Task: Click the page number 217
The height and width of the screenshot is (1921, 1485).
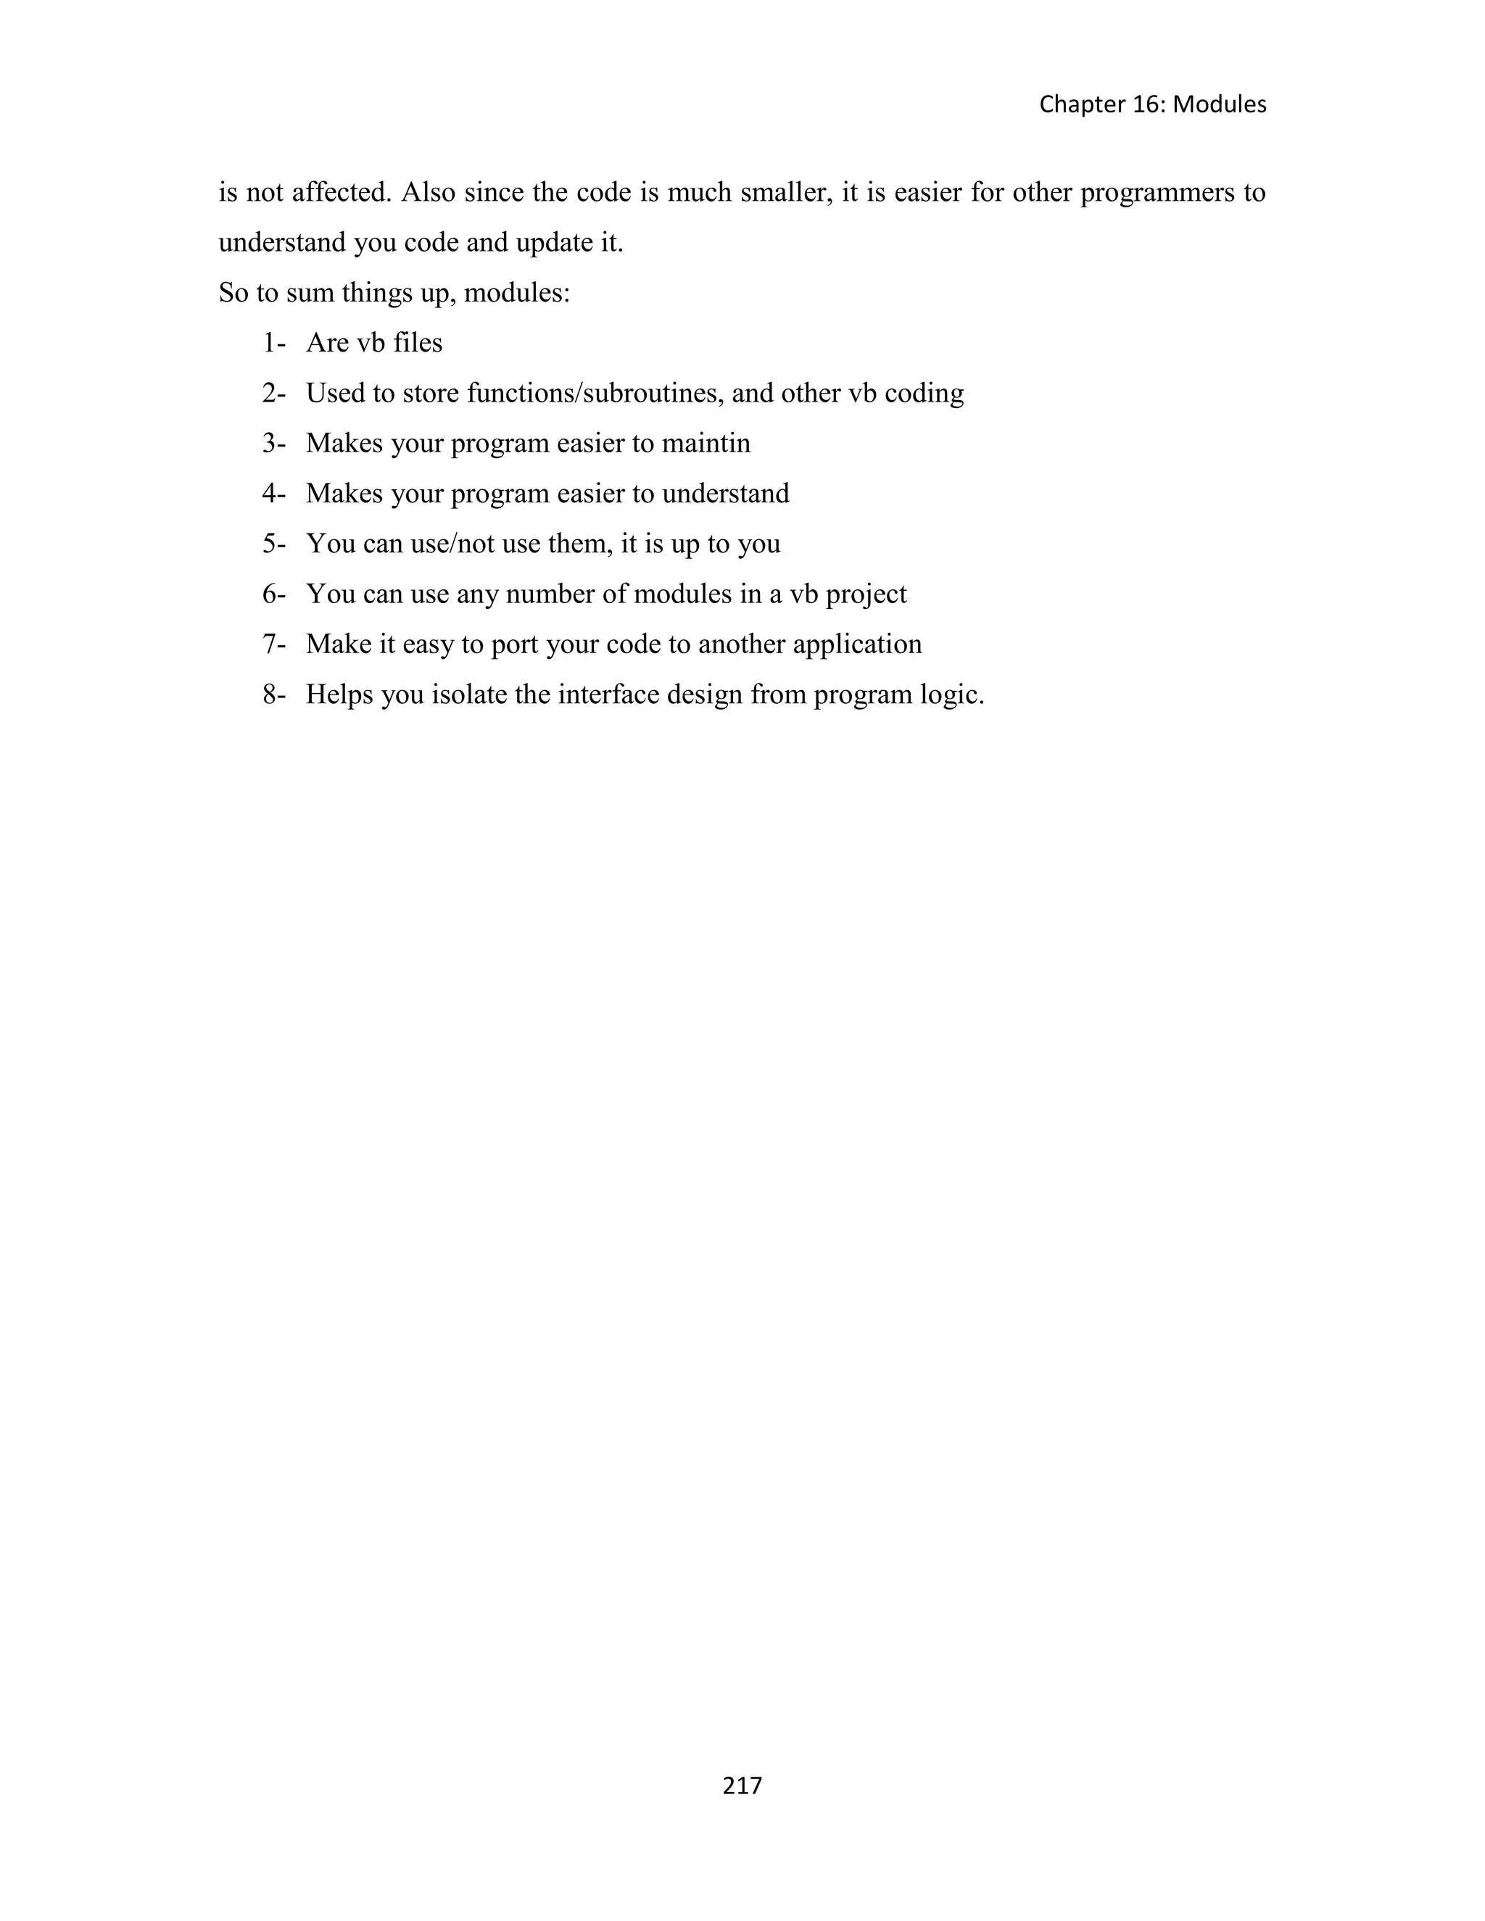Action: (742, 1785)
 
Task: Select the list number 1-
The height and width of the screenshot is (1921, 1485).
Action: (273, 342)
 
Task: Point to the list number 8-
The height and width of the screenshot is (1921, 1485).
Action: (273, 695)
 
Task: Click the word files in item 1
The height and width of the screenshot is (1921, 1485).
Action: (418, 342)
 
